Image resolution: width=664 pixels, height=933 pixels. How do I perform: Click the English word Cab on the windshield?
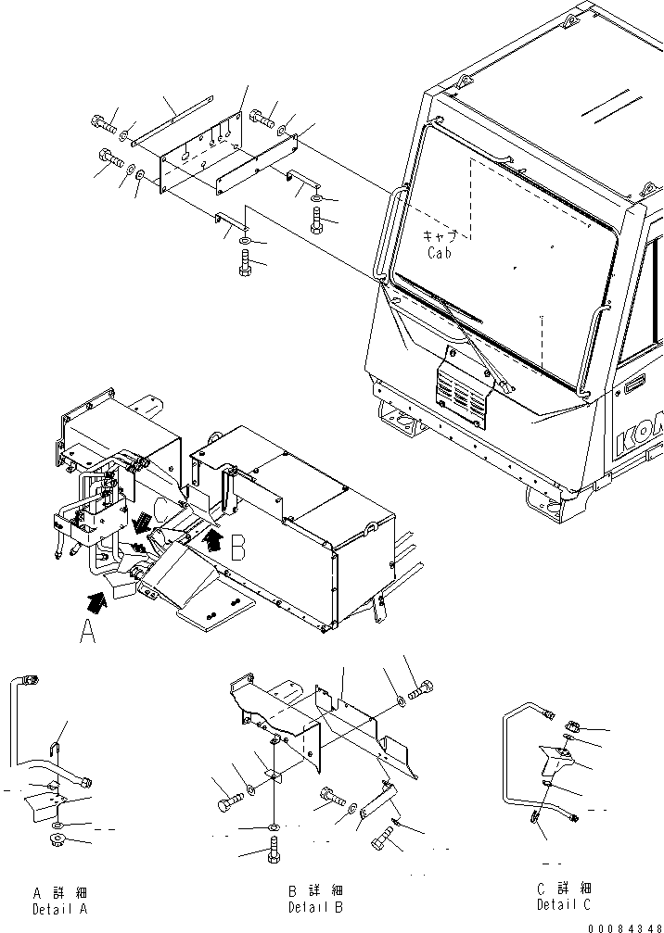click(x=440, y=252)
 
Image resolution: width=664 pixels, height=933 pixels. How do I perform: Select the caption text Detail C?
click(x=562, y=905)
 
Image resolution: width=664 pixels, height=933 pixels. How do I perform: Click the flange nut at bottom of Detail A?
click(x=57, y=842)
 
